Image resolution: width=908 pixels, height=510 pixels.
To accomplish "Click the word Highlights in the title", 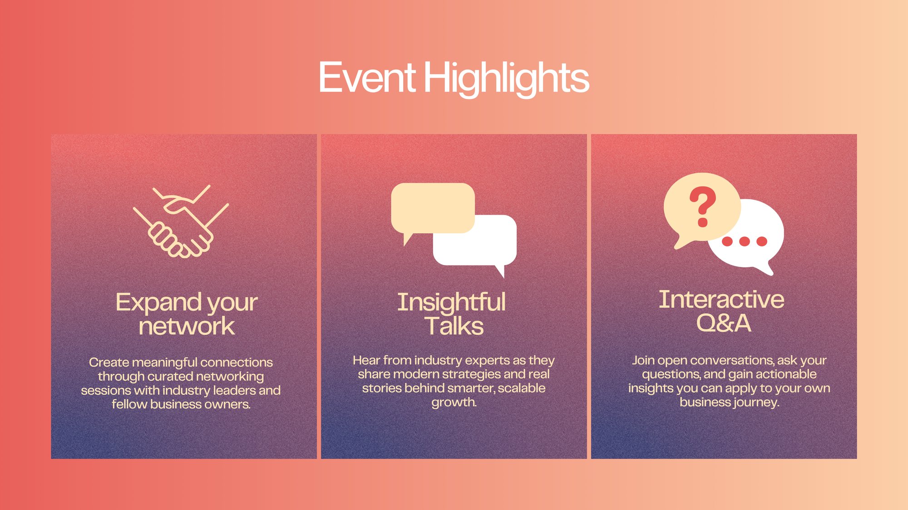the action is pos(507,79).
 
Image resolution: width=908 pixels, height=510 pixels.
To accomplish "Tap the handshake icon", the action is pos(181,221).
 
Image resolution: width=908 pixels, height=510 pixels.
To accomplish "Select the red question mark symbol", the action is pos(703,206).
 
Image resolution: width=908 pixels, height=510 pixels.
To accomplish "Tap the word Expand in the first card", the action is pos(158,303).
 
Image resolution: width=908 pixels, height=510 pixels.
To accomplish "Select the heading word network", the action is pos(187,326).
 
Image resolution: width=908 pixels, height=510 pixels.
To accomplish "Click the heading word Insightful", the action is pos(451,302).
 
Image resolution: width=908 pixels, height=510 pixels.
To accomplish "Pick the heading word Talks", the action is pos(454,326).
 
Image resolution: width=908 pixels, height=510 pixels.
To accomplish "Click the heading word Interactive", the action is pos(721,299).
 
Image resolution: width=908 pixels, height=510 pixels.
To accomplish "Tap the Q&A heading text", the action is pos(724,323).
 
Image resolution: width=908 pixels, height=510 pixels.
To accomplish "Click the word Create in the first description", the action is pos(109,362).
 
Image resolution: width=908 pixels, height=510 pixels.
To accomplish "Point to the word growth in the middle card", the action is pos(453,402).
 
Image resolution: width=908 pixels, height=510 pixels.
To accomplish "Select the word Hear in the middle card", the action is pos(367,360).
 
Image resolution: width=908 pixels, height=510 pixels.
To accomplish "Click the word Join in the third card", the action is pos(643,361).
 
